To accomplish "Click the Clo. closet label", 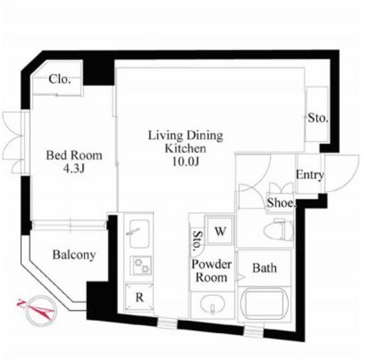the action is [x=60, y=79].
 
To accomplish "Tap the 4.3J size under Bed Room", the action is [x=74, y=169].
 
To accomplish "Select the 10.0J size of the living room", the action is [x=185, y=162].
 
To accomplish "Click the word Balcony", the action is [x=74, y=255].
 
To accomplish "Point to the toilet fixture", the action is [x=278, y=230].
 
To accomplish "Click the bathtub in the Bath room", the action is [x=264, y=303].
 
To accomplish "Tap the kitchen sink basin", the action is [x=139, y=234].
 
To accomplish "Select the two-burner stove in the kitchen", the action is [x=142, y=265].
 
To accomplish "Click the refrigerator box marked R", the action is [x=139, y=297].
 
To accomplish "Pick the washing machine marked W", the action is [x=220, y=231].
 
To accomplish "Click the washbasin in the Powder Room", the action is [x=212, y=305].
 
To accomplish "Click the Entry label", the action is [x=310, y=175].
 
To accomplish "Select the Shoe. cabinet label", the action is [x=281, y=203].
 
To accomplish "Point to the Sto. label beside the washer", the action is [x=198, y=241].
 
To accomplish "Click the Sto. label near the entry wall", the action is [x=318, y=118].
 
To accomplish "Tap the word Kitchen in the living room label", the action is [x=185, y=149].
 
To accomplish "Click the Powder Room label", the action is [x=211, y=271].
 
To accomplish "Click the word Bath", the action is [x=265, y=268].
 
